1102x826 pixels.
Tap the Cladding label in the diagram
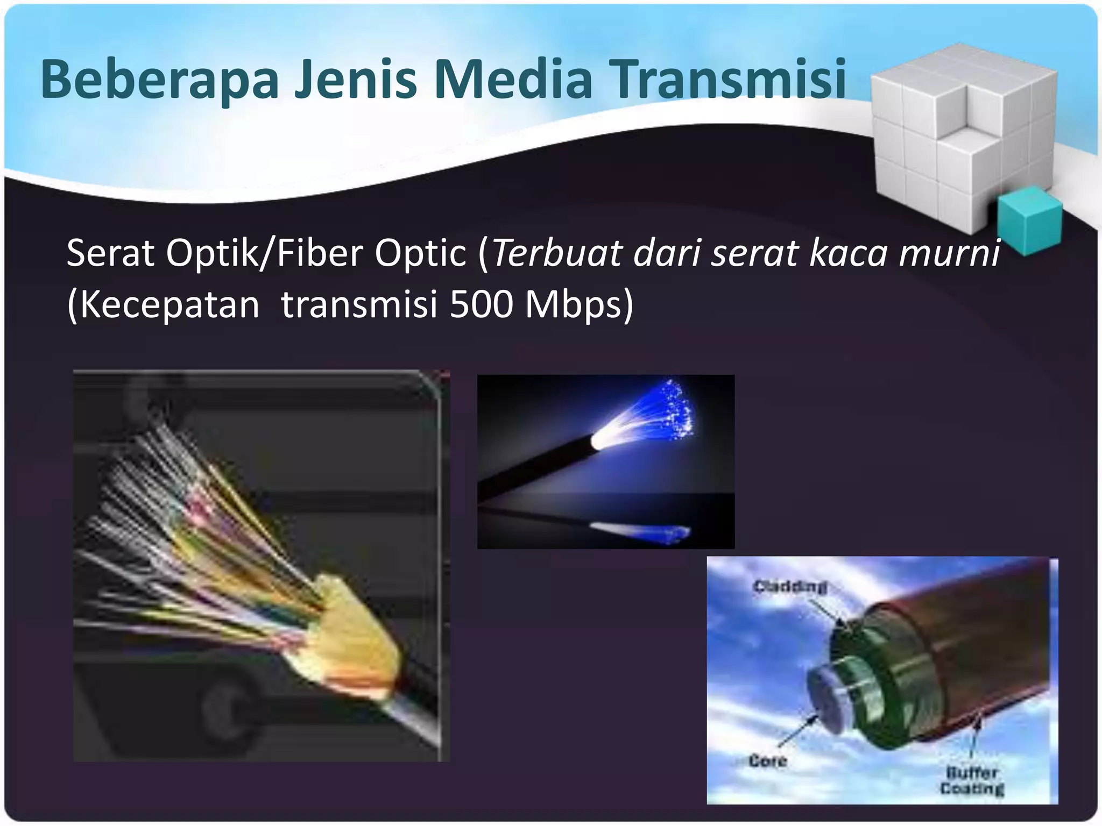click(790, 586)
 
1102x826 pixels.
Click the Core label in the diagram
click(767, 761)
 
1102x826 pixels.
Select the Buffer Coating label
click(972, 781)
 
